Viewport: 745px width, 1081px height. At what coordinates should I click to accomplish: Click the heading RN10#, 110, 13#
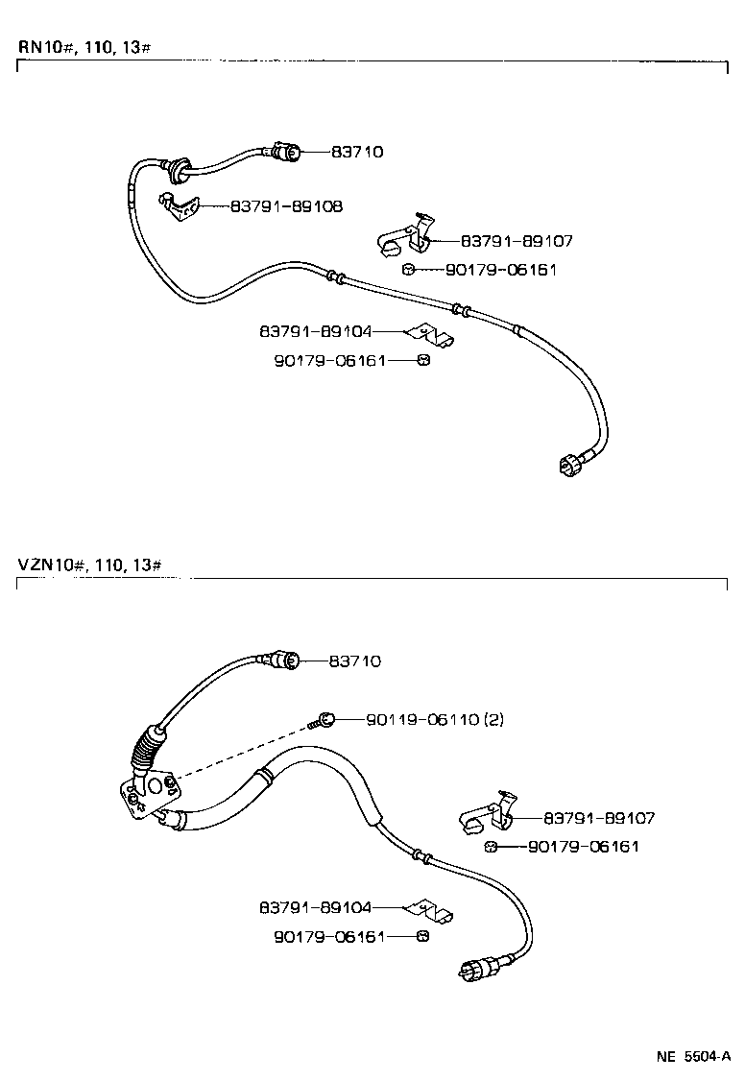[x=84, y=47]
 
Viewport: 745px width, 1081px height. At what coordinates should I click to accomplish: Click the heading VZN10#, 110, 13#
[x=91, y=564]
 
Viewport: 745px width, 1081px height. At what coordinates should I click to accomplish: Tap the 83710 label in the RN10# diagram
[x=357, y=152]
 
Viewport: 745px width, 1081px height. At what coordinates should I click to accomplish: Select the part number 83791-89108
[x=286, y=205]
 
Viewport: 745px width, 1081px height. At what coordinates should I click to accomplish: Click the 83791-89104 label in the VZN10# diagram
[x=314, y=906]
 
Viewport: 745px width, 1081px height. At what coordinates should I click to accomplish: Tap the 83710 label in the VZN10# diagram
[x=354, y=661]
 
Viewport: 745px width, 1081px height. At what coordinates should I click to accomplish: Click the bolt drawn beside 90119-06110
[x=324, y=720]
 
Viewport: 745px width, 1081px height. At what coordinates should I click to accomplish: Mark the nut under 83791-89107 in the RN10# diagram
[x=408, y=270]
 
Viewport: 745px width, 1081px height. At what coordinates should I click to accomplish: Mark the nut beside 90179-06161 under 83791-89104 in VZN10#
[x=422, y=935]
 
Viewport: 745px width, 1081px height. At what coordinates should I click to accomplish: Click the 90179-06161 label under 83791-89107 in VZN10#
[x=584, y=846]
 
